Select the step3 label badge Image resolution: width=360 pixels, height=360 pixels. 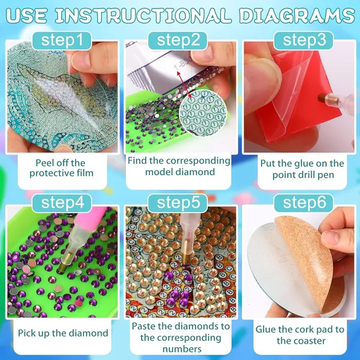(303, 40)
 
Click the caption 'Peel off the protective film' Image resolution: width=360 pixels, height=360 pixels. (61, 168)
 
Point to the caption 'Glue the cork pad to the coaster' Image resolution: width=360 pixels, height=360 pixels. (300, 335)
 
